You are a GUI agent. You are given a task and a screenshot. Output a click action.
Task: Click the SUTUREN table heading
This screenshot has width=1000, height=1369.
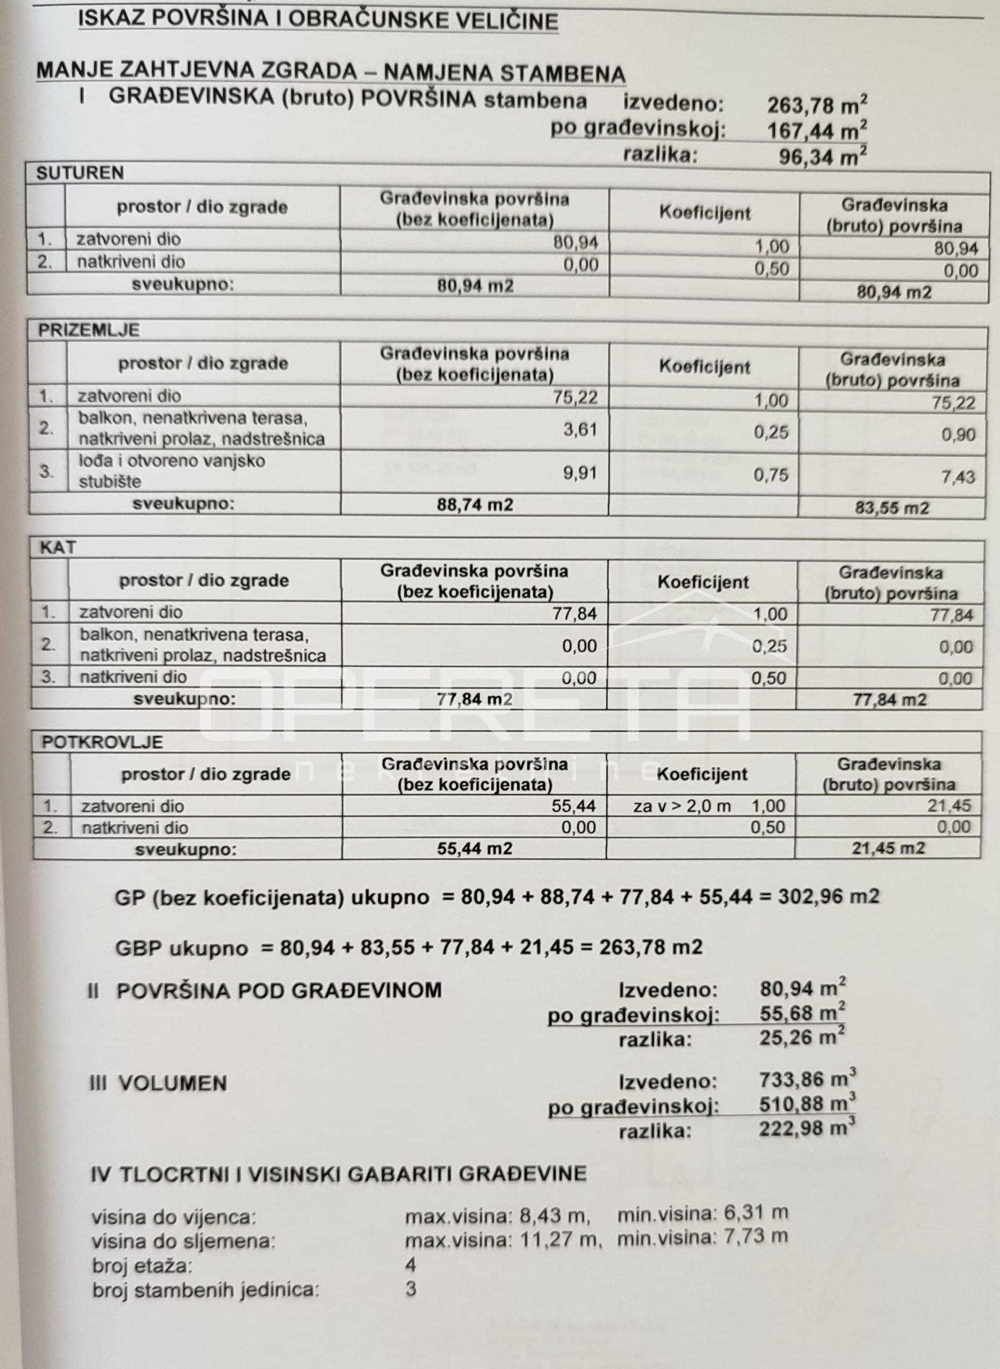(x=80, y=173)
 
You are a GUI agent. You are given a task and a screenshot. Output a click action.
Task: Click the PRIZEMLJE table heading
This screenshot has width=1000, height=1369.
(x=88, y=330)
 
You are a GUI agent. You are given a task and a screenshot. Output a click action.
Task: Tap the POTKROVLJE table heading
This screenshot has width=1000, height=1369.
(x=102, y=742)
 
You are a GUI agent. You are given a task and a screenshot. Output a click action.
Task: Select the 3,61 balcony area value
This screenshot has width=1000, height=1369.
(x=580, y=430)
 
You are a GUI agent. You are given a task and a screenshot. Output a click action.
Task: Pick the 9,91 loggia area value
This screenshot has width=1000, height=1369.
(x=580, y=473)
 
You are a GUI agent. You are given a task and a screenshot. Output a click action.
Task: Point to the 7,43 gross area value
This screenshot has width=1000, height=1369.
(x=958, y=477)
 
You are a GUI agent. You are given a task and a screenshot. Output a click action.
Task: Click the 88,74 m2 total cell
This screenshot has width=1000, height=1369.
(x=475, y=504)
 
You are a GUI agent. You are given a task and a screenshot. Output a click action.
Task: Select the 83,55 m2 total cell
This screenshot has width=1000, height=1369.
(x=891, y=508)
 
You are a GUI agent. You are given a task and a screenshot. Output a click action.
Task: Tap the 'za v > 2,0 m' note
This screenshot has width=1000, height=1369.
(x=682, y=806)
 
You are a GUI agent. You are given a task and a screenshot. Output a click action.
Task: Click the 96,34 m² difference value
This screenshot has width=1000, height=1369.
(x=822, y=157)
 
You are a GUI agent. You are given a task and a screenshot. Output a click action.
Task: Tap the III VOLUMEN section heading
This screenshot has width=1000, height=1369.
(x=158, y=1083)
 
